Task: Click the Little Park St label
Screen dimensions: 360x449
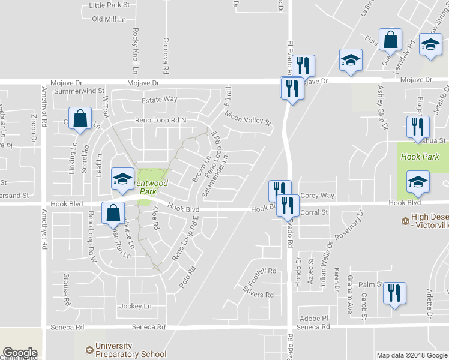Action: pyautogui.click(x=109, y=5)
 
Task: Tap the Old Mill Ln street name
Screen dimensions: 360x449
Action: pyautogui.click(x=109, y=19)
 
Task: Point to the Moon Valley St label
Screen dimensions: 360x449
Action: pyautogui.click(x=249, y=120)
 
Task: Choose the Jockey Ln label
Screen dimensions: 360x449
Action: pyautogui.click(x=135, y=306)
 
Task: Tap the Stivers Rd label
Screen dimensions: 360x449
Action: pyautogui.click(x=258, y=295)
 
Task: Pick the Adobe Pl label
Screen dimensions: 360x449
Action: pyautogui.click(x=314, y=318)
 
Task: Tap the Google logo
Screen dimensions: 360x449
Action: pyautogui.click(x=20, y=353)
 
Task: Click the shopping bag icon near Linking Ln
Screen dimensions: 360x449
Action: pyautogui.click(x=80, y=118)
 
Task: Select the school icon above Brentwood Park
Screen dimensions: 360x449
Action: pyautogui.click(x=122, y=179)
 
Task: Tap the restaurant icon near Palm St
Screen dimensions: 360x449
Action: pyautogui.click(x=394, y=293)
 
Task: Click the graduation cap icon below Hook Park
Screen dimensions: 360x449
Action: pyautogui.click(x=418, y=182)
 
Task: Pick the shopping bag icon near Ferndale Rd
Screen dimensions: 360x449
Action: pyautogui.click(x=390, y=40)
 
